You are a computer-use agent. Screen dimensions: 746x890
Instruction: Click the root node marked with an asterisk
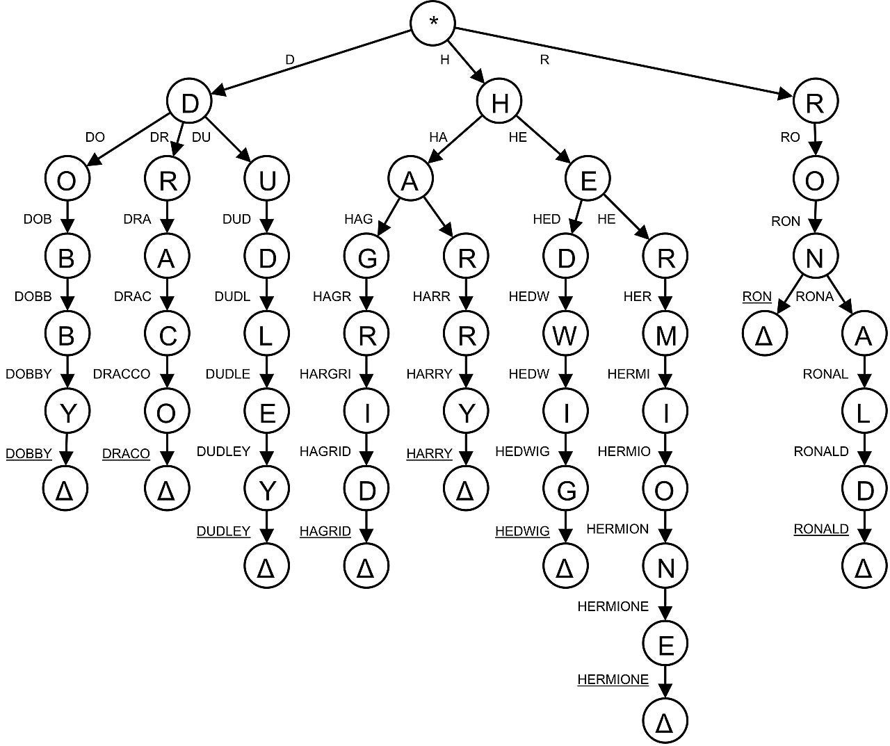pyautogui.click(x=433, y=23)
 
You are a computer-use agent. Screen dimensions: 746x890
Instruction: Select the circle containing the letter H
pyautogui.click(x=499, y=103)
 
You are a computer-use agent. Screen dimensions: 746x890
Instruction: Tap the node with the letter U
pyautogui.click(x=267, y=180)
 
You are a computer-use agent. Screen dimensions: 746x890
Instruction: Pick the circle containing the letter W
pyautogui.click(x=565, y=336)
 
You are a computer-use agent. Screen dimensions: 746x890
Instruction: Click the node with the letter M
pyautogui.click(x=665, y=336)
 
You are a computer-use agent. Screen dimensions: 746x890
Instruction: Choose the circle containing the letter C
pyautogui.click(x=167, y=336)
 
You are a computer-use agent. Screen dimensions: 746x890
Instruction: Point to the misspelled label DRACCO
pyautogui.click(x=122, y=374)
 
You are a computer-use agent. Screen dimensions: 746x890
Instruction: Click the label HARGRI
pyautogui.click(x=325, y=374)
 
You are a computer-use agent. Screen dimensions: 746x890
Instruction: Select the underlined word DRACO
pyautogui.click(x=126, y=454)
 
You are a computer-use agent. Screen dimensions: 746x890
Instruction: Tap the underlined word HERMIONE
pyautogui.click(x=613, y=679)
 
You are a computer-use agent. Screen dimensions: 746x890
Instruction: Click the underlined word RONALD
pyautogui.click(x=821, y=529)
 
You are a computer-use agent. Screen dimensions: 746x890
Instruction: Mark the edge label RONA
pyautogui.click(x=814, y=297)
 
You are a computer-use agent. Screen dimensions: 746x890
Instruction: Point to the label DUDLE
pyautogui.click(x=227, y=374)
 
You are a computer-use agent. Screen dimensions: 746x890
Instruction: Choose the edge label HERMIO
pyautogui.click(x=624, y=452)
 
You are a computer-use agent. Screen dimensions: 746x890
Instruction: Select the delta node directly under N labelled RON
pyautogui.click(x=764, y=336)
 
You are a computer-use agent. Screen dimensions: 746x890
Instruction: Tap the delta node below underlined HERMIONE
pyautogui.click(x=665, y=723)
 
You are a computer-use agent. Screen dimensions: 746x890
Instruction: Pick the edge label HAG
pyautogui.click(x=358, y=220)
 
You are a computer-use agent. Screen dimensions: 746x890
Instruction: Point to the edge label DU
pyautogui.click(x=200, y=138)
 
